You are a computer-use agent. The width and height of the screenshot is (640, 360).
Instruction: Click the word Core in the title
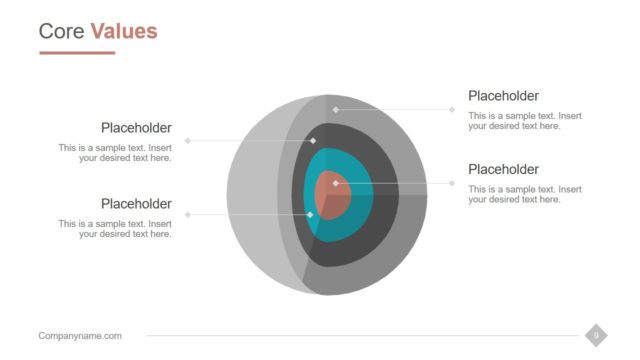pyautogui.click(x=61, y=31)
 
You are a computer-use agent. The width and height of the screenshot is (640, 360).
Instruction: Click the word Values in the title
pyautogui.click(x=124, y=31)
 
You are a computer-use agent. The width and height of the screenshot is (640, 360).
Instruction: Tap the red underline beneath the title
pyautogui.click(x=77, y=53)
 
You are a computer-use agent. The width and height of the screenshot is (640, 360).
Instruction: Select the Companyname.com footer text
pyautogui.click(x=80, y=336)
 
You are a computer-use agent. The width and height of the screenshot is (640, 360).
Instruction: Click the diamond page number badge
pyautogui.click(x=596, y=335)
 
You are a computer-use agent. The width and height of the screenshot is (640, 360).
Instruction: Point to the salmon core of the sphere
pyautogui.click(x=330, y=195)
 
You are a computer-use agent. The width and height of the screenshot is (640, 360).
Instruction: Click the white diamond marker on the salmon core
pyautogui.click(x=336, y=183)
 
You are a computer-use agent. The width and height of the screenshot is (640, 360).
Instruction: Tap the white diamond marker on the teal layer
pyautogui.click(x=310, y=215)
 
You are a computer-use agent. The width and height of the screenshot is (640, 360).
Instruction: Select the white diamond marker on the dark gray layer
pyautogui.click(x=313, y=141)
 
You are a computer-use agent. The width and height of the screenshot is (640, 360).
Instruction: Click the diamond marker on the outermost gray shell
pyautogui.click(x=336, y=109)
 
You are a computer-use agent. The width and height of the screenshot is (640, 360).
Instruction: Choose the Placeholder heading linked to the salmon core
pyautogui.click(x=503, y=169)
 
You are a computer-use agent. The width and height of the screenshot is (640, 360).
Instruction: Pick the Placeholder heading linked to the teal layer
pyautogui.click(x=136, y=204)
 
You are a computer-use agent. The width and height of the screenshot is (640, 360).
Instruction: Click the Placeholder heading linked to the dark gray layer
pyautogui.click(x=136, y=128)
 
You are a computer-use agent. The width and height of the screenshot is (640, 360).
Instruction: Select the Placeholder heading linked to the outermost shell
pyautogui.click(x=503, y=96)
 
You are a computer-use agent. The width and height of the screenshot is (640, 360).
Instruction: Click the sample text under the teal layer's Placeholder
pyautogui.click(x=115, y=229)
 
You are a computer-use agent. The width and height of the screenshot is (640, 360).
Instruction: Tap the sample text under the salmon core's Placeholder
pyautogui.click(x=525, y=194)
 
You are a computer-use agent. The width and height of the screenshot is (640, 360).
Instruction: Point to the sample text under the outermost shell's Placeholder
pyautogui.click(x=525, y=121)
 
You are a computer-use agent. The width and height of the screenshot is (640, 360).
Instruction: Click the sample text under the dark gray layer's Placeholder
pyautogui.click(x=115, y=153)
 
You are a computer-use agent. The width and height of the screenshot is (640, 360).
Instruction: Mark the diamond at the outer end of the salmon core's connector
pyautogui.click(x=452, y=183)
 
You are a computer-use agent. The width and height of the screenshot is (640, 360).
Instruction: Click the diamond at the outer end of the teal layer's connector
pyautogui.click(x=187, y=215)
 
